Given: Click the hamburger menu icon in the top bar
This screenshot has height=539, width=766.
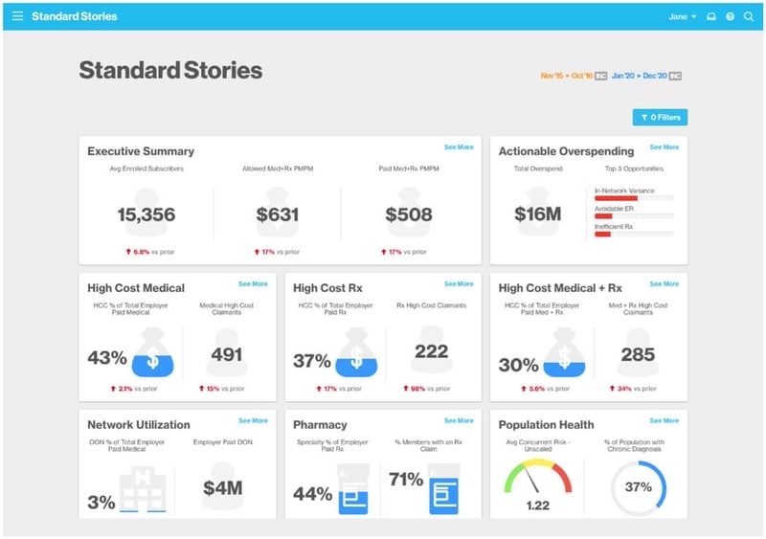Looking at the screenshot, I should pyautogui.click(x=17, y=16).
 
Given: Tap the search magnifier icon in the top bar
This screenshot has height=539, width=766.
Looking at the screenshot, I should pyautogui.click(x=749, y=16).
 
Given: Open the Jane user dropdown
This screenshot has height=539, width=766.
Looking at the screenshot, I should pyautogui.click(x=682, y=16).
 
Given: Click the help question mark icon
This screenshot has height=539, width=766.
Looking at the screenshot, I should pyautogui.click(x=730, y=16).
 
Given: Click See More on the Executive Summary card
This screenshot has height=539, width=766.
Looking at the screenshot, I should pyautogui.click(x=459, y=147).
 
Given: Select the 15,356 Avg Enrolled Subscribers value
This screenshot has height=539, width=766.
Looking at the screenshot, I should pyautogui.click(x=146, y=215).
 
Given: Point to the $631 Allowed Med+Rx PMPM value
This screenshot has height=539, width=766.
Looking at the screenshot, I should pyautogui.click(x=278, y=215).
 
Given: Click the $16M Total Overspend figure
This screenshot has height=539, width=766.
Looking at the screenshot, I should pyautogui.click(x=537, y=215).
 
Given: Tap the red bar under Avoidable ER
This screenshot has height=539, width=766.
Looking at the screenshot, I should pyautogui.click(x=603, y=216).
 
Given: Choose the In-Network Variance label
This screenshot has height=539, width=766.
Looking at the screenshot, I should pyautogui.click(x=624, y=191).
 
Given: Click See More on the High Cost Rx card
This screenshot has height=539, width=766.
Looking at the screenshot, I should pyautogui.click(x=459, y=284).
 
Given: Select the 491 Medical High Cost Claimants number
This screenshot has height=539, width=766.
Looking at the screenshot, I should pyautogui.click(x=227, y=354).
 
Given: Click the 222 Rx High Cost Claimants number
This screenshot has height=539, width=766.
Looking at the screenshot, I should pyautogui.click(x=431, y=351).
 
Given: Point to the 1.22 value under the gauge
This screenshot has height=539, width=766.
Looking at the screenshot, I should pyautogui.click(x=537, y=504).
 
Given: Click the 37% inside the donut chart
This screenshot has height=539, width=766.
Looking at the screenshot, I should pyautogui.click(x=639, y=486).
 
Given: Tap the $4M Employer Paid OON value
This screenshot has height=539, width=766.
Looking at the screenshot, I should pyautogui.click(x=222, y=488).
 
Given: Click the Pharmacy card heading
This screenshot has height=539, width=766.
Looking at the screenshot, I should pyautogui.click(x=320, y=425).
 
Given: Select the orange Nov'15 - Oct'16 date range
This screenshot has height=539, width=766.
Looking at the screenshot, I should pyautogui.click(x=567, y=76).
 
